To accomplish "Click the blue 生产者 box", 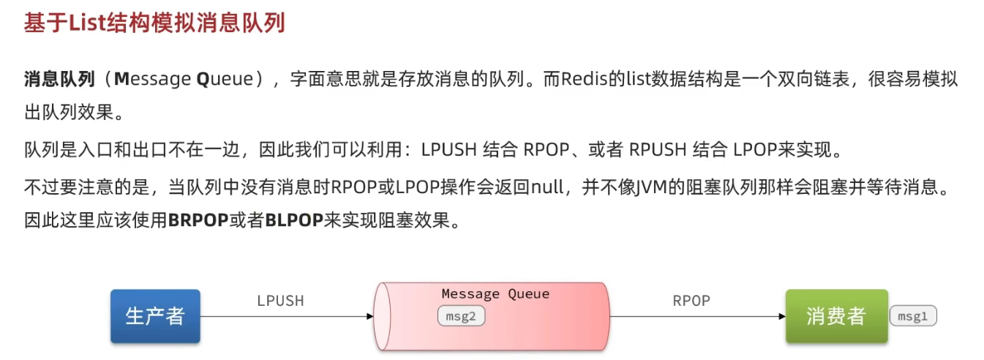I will [x=155, y=316].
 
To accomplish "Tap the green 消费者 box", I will [x=836, y=316].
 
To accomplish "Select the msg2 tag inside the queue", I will [x=462, y=316].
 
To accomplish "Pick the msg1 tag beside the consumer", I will [x=913, y=316].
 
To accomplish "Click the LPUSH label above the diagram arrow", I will [x=280, y=301].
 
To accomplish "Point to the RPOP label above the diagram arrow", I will [x=691, y=301].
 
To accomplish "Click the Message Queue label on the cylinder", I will [x=495, y=294].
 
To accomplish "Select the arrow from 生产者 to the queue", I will [x=285, y=317].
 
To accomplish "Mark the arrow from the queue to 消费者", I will [x=695, y=317].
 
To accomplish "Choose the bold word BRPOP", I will [x=198, y=221].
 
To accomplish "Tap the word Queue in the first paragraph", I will [x=223, y=79].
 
